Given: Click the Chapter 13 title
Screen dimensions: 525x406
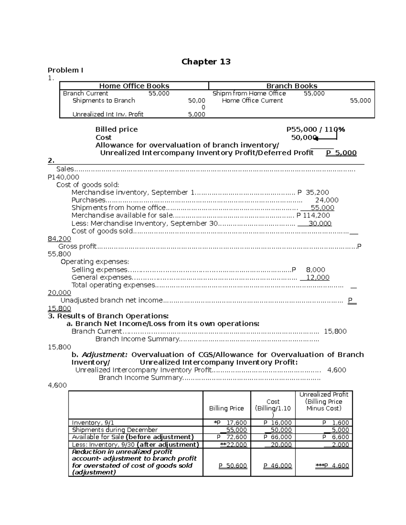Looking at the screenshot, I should click(x=206, y=62).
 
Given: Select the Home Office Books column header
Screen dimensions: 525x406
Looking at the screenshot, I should click(x=134, y=86).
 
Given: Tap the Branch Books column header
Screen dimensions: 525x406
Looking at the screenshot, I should click(x=292, y=86).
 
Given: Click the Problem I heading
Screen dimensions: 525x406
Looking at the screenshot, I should click(x=65, y=70).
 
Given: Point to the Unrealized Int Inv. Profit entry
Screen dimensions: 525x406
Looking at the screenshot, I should click(x=108, y=114).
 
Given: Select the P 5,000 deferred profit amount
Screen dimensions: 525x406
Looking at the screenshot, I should click(x=341, y=153).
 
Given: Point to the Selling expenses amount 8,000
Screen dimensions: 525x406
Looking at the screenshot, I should click(x=315, y=270).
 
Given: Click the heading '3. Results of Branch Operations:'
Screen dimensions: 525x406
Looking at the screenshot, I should click(x=108, y=316).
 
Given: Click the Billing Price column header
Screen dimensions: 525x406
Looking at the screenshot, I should click(x=226, y=408).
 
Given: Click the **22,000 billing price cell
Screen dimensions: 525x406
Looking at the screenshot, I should click(x=233, y=445).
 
